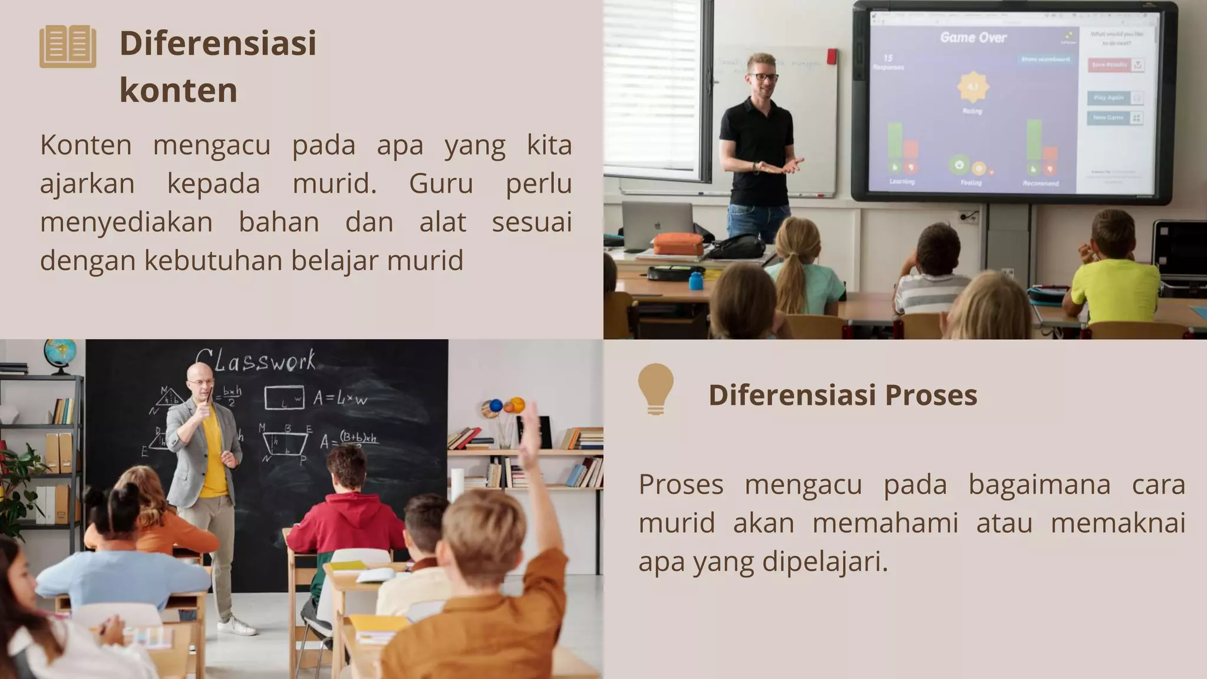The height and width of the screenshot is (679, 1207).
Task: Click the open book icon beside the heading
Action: [68, 46]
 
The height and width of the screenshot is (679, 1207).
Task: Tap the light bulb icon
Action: [655, 387]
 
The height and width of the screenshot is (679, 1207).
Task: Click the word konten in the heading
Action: [178, 90]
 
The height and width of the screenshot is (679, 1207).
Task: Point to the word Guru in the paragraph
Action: [441, 183]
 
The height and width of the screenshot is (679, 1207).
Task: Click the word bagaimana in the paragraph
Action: [1039, 484]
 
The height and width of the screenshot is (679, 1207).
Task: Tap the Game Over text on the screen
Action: [973, 38]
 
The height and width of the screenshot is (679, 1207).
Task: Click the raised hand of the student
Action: [531, 422]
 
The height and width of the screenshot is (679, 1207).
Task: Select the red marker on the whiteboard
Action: [832, 57]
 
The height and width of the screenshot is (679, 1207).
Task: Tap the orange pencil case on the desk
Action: [678, 243]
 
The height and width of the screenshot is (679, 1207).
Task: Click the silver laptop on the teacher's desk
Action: [658, 226]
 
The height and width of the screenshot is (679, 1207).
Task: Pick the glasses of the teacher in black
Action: [763, 77]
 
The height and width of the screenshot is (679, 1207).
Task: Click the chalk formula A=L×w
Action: [339, 398]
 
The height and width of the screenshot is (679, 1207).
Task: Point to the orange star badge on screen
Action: [973, 87]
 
